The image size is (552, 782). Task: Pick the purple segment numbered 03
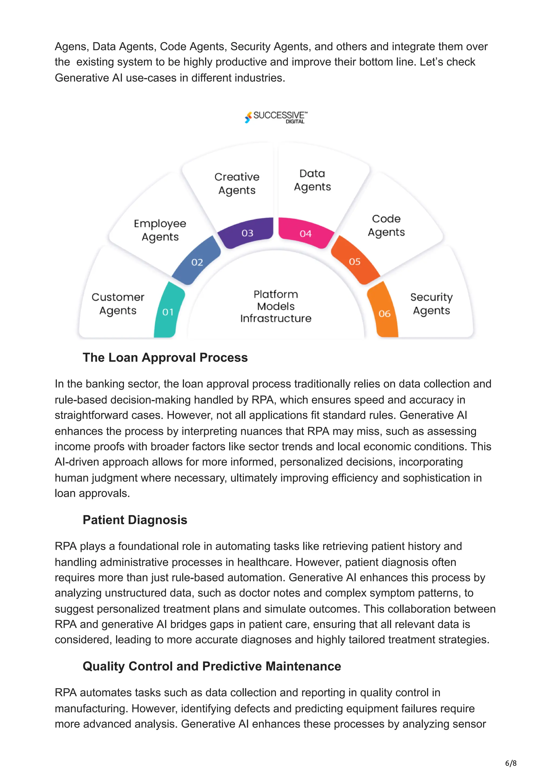tap(247, 233)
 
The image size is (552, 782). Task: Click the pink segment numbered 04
tap(305, 233)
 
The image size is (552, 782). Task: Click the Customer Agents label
tap(118, 304)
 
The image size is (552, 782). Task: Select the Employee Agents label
tap(160, 230)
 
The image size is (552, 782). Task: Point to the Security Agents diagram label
tap(431, 304)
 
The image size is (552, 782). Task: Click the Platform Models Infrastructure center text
tap(275, 306)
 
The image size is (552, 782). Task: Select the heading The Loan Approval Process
tap(165, 357)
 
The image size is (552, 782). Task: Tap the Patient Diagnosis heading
tap(135, 520)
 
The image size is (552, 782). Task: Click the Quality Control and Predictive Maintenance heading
tap(212, 666)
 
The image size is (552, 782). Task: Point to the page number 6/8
tap(510, 763)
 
